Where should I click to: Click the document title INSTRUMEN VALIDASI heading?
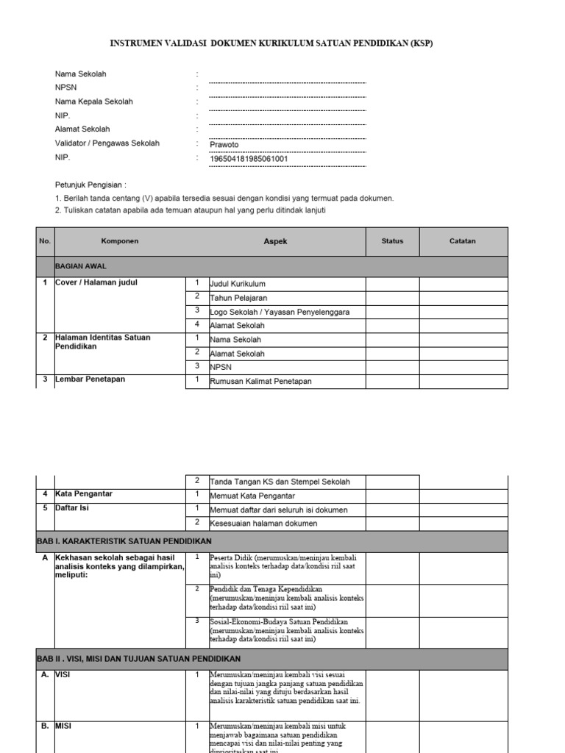coord(271,43)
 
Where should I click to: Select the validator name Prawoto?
coord(224,145)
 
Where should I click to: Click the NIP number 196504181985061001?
coord(249,158)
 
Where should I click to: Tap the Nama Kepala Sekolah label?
coord(94,101)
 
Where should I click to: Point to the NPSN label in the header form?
coord(66,88)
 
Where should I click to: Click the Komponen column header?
coord(119,241)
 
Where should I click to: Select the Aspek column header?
coord(275,241)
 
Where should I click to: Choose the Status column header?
coord(392,241)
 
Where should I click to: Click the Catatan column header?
coord(463,241)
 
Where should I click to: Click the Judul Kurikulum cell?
coord(238,284)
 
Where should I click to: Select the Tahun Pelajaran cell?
coord(238,298)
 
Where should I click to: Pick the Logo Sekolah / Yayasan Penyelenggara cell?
coord(279,312)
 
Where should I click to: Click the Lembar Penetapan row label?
coord(90,379)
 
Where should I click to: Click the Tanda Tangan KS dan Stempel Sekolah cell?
coord(280,482)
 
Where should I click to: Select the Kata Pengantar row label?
coord(84,493)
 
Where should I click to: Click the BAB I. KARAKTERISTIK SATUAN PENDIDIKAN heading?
coord(124,542)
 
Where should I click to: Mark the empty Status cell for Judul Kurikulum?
coord(392,284)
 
